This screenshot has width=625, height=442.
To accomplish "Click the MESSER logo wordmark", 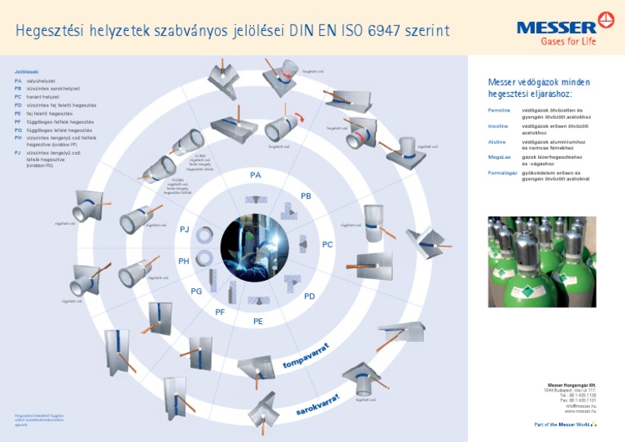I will tap(556, 27).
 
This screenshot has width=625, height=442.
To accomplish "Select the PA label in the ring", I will tap(256, 176).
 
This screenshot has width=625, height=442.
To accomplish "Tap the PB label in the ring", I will tap(306, 196).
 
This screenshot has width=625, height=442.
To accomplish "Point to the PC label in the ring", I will tap(327, 244).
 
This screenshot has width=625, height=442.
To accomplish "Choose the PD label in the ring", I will tap(309, 296).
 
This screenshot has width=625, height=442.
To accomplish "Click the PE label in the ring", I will tap(258, 322).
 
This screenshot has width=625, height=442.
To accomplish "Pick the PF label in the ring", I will tap(220, 313).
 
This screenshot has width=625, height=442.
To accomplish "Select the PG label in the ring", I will tap(196, 291).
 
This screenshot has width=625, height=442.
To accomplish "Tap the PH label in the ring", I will tap(184, 261).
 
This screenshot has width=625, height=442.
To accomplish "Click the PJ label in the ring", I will tap(184, 230).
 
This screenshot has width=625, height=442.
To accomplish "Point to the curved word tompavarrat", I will tap(310, 356).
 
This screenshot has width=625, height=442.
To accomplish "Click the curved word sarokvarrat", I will tap(317, 404).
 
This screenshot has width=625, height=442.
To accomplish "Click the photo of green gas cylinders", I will tap(542, 261).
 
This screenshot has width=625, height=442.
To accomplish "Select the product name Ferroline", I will tap(499, 110).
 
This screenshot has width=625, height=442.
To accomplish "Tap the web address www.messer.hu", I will tap(580, 412).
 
